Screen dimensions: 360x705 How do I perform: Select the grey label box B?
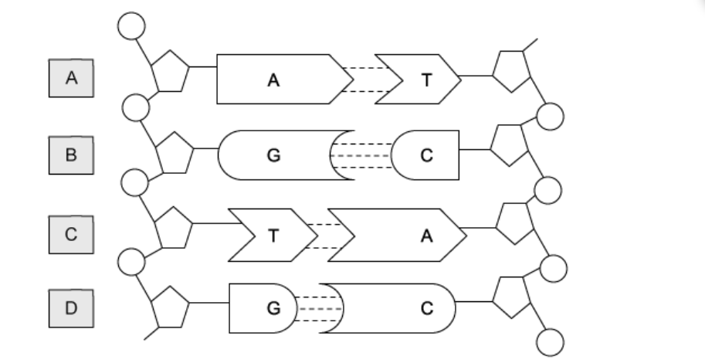coord(71,155)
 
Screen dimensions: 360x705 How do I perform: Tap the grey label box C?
coord(71,235)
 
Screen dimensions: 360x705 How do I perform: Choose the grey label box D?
coord(71,309)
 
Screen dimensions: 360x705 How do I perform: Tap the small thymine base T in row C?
coord(270,236)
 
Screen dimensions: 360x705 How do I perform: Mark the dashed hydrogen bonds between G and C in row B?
coord(361,155)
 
